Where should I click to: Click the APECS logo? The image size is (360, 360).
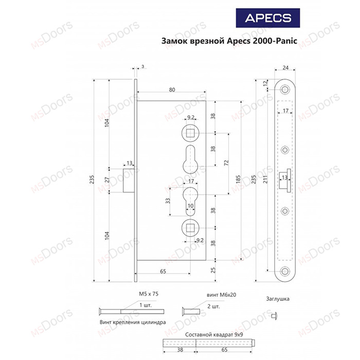click(268, 18)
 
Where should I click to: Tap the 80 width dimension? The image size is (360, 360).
click(172, 90)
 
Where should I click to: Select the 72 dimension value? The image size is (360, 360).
click(226, 163)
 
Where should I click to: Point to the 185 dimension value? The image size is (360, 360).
click(238, 179)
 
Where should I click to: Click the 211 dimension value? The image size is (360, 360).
click(265, 179)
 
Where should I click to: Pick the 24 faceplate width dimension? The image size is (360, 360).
click(285, 68)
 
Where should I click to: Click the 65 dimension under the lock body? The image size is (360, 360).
click(163, 272)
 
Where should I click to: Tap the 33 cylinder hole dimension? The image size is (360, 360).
click(168, 201)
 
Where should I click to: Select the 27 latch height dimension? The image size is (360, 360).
click(107, 180)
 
